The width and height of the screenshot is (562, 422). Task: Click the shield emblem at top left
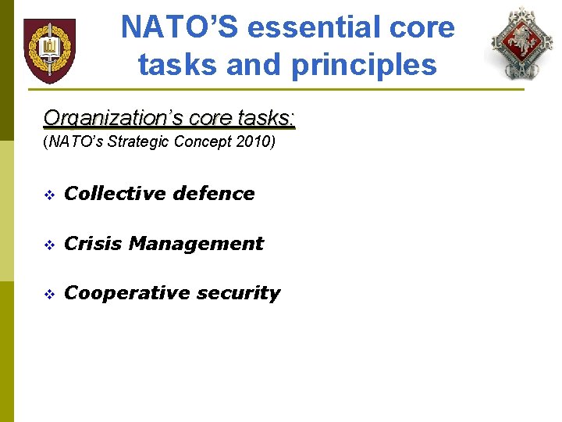point(49,50)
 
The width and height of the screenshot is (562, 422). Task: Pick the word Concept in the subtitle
point(205,142)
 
